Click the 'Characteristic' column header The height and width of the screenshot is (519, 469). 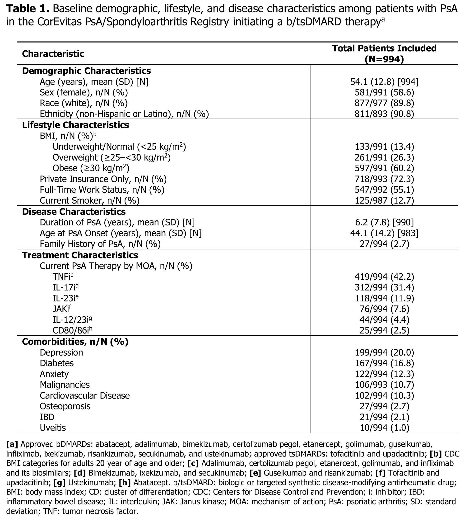tap(53, 54)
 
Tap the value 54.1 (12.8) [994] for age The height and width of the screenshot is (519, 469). tap(384, 82)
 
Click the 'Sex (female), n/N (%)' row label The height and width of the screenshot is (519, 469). tap(84, 92)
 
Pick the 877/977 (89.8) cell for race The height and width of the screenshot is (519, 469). tap(384, 103)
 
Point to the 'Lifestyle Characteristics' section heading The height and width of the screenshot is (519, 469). tap(76, 125)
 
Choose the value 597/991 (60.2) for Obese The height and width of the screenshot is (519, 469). tap(384, 168)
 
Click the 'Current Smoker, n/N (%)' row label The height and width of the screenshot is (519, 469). tap(89, 200)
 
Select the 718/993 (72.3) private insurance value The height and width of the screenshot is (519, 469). tap(384, 179)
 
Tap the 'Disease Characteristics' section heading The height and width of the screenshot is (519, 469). tap(74, 212)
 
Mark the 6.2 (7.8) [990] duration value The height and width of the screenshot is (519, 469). tap(384, 222)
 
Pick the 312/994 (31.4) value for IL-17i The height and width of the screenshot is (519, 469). tap(384, 288)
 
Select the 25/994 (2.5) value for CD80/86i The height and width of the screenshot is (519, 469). tap(384, 331)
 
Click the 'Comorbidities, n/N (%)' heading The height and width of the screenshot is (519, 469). tap(75, 342)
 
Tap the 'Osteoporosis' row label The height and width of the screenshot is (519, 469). tap(65, 406)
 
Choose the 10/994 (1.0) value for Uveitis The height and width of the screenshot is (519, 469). tap(384, 428)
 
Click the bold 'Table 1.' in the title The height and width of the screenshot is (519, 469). tap(28, 9)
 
